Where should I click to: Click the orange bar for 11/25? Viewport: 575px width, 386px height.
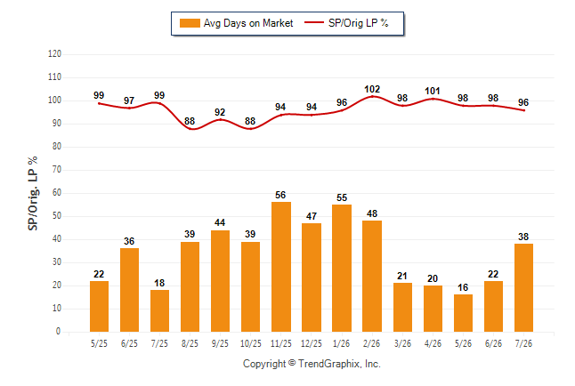281,267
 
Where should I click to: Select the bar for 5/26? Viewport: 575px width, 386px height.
463,313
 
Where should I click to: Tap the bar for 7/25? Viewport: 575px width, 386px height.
159,311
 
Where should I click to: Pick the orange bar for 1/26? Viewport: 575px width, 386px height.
342,268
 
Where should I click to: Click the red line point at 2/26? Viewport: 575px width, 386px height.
372,96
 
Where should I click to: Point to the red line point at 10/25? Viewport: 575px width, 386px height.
250,129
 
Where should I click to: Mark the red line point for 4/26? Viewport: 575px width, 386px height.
433,99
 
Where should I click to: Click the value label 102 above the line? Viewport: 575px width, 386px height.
372,89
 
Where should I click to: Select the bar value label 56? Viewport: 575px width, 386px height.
280,195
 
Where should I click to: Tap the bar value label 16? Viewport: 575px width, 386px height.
463,287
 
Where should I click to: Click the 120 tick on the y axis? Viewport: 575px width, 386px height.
54,54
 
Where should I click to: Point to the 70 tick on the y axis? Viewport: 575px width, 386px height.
56,170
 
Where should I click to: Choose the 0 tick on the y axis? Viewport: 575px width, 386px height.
58,332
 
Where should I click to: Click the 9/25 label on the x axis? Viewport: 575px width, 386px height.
220,343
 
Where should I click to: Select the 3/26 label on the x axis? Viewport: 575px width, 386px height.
402,343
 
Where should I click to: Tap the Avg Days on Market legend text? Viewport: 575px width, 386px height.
248,23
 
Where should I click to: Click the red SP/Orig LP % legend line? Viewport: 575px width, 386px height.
314,22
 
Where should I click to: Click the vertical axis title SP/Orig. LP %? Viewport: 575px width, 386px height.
33,194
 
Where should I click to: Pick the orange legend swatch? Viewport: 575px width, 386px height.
190,23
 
